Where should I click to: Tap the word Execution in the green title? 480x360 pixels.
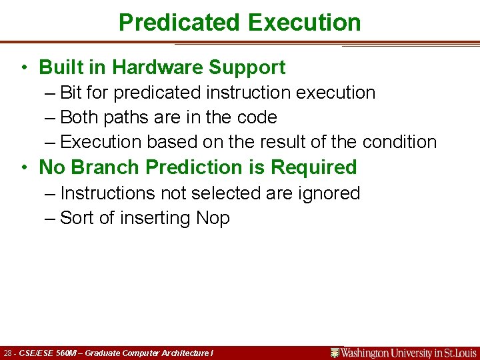[303, 23]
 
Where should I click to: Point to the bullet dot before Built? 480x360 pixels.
[23, 68]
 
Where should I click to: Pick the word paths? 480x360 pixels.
[125, 117]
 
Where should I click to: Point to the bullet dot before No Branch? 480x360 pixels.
[23, 168]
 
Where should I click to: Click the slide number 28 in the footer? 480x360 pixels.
[8, 353]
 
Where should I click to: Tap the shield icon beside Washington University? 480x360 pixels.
[335, 353]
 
